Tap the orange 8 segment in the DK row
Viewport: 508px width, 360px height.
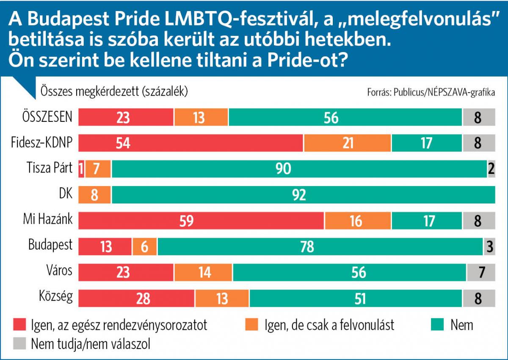95,195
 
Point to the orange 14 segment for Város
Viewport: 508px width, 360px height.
204,272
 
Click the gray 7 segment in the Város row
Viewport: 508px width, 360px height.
481,272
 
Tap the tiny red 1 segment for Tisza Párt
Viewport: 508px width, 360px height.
81,169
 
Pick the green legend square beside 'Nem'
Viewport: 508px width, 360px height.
437,324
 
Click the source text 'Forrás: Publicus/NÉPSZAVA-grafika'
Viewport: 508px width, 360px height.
431,92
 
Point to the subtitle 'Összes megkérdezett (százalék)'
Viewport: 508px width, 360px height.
114,91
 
